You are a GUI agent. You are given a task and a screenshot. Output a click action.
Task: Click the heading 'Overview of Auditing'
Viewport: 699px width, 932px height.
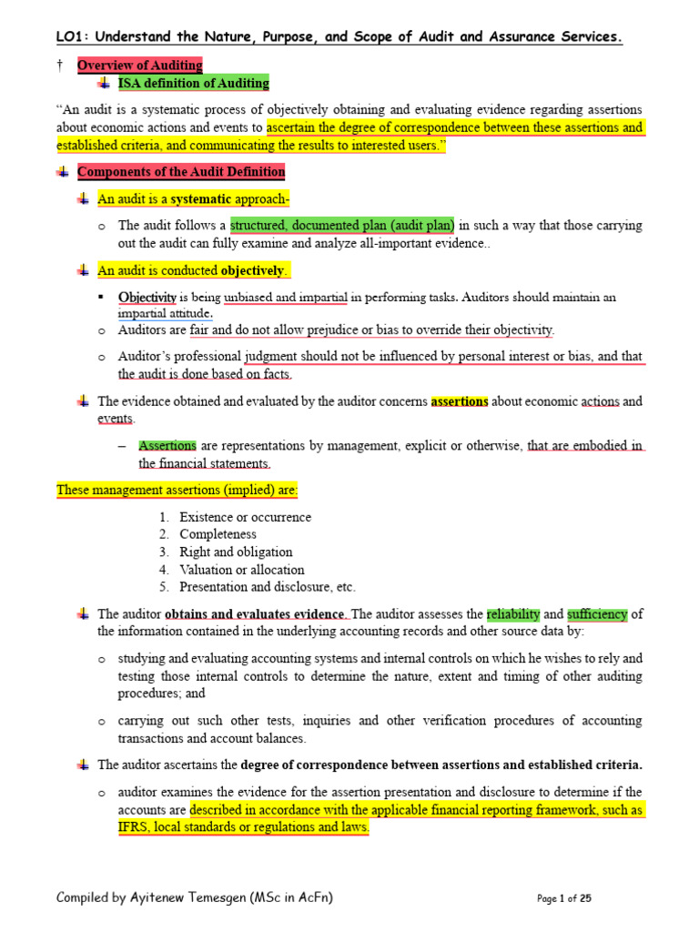click(x=139, y=65)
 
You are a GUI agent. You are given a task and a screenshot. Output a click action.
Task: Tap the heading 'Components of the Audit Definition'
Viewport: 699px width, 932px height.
click(x=181, y=172)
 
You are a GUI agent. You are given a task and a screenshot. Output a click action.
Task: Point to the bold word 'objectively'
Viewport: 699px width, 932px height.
click(x=253, y=270)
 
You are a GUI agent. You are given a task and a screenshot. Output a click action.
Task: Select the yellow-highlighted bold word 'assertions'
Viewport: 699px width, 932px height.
click(x=460, y=401)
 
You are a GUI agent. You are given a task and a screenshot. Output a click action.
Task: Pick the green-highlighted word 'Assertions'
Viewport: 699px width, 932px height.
click(x=167, y=446)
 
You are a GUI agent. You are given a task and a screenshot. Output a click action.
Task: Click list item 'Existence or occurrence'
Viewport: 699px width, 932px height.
click(x=245, y=517)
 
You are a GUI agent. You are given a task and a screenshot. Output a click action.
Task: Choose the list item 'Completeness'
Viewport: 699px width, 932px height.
click(x=218, y=534)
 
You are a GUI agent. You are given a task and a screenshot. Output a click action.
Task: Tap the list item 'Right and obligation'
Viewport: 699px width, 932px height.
click(x=236, y=552)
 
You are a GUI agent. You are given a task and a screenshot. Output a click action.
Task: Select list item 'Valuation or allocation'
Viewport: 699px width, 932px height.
click(x=241, y=570)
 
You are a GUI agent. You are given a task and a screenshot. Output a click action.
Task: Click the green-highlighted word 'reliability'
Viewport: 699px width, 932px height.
click(x=513, y=614)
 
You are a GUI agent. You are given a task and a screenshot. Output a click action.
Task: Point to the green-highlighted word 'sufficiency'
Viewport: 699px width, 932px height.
click(x=597, y=614)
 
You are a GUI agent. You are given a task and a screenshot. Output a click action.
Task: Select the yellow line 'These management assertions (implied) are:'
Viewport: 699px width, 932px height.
click(x=177, y=491)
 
